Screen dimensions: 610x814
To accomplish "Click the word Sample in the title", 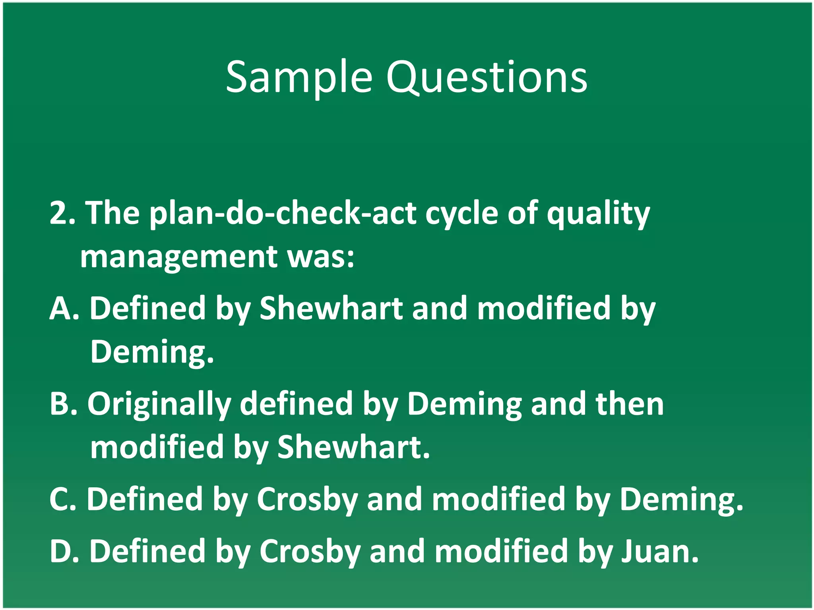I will [299, 77].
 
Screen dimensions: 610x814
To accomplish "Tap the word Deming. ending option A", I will [152, 352].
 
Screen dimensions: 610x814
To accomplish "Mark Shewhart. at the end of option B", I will [354, 448].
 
